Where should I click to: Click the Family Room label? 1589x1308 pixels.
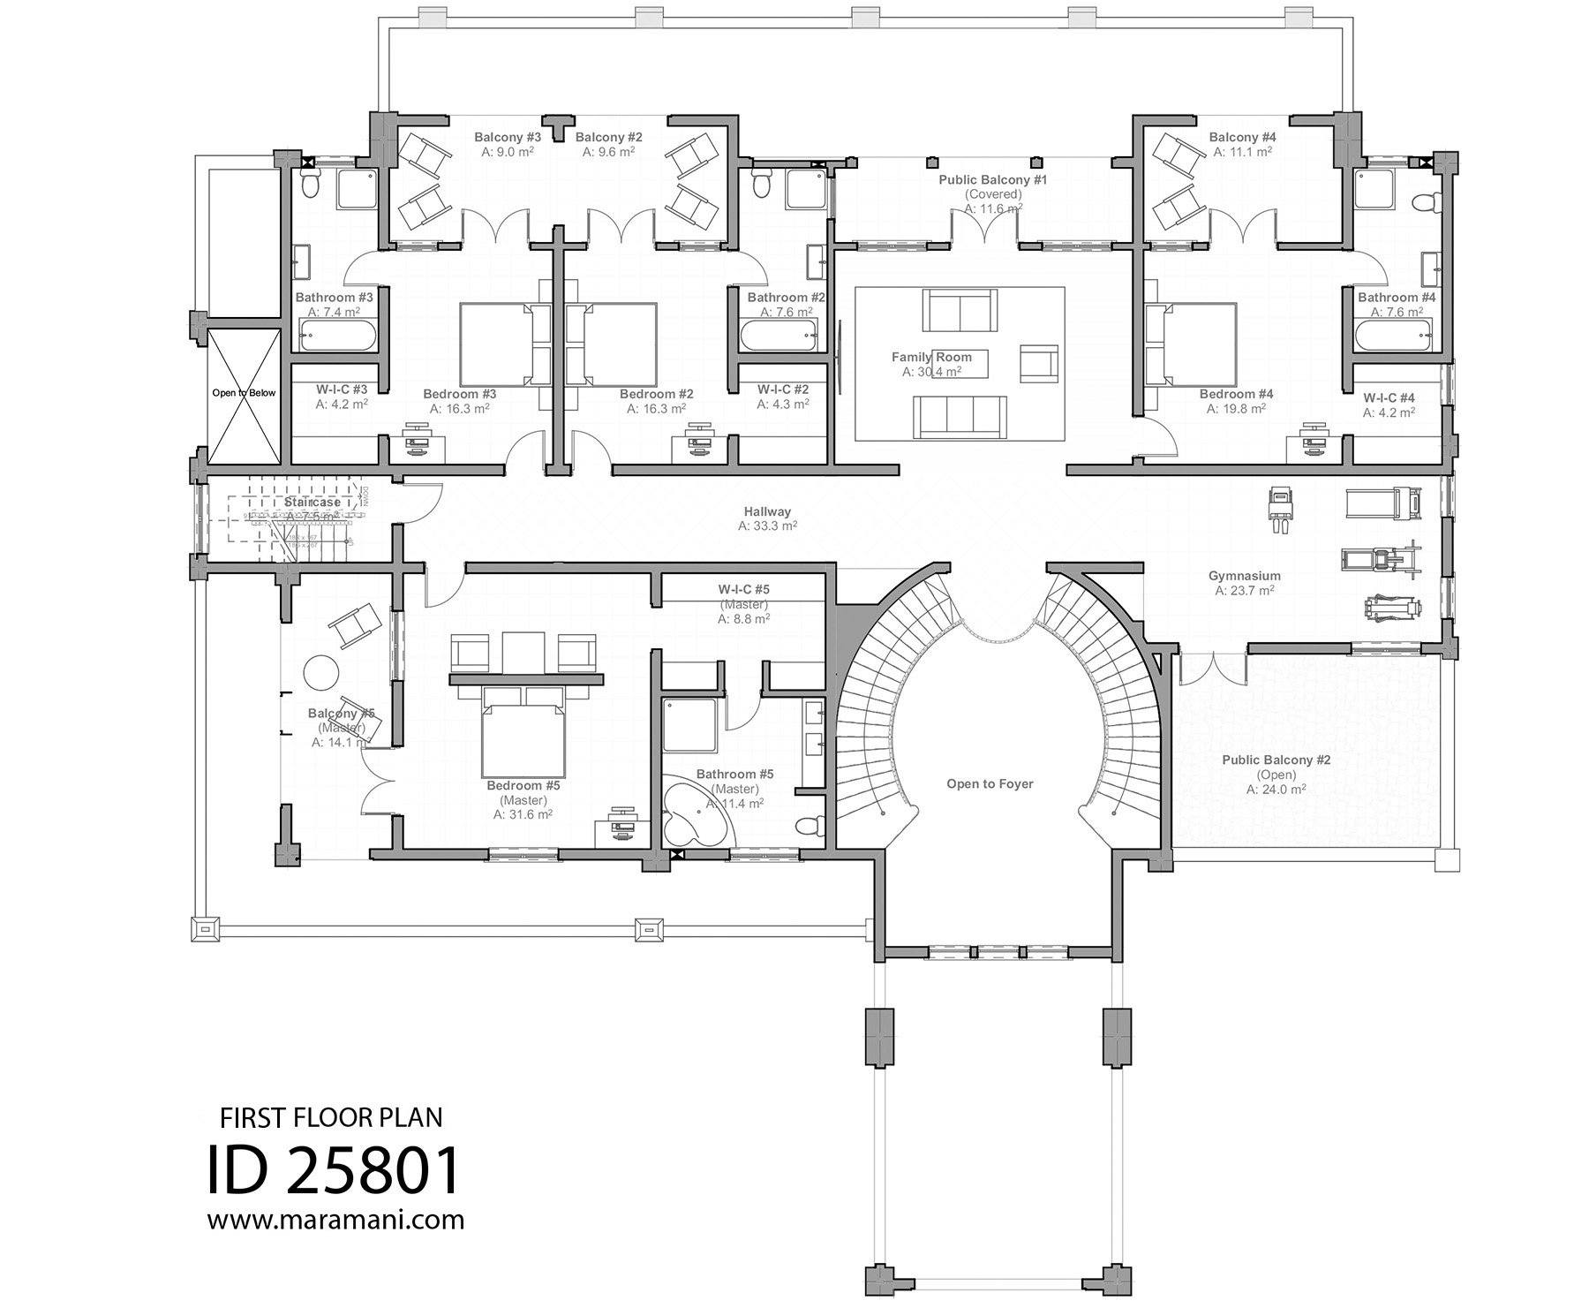click(x=931, y=358)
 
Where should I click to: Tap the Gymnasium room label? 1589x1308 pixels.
click(x=1244, y=576)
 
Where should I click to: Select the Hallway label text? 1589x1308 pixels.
click(x=766, y=511)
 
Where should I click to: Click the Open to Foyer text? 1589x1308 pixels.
click(x=989, y=783)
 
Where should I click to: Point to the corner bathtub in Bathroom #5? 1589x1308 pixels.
click(x=693, y=813)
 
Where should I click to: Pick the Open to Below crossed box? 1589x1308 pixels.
click(x=244, y=394)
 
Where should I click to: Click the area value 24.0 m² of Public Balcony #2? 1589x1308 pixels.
click(x=1276, y=790)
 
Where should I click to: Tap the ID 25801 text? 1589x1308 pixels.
click(x=334, y=1171)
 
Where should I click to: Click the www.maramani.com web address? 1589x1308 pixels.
click(x=335, y=1221)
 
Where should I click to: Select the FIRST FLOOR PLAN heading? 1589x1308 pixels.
click(x=331, y=1118)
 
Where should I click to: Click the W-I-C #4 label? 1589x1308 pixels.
click(x=1389, y=397)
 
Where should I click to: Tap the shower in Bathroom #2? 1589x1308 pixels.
click(x=804, y=189)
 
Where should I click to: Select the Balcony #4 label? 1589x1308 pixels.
click(x=1242, y=137)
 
